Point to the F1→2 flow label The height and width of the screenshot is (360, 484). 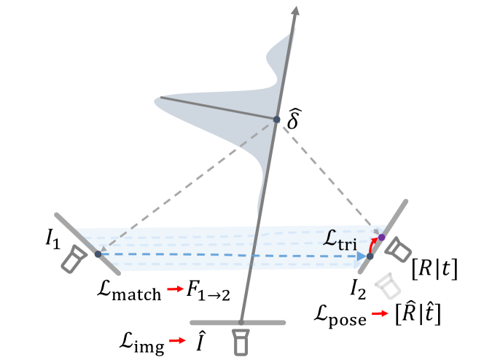[208, 291]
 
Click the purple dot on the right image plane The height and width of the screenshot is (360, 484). [381, 238]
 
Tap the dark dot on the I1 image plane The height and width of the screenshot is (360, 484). [98, 254]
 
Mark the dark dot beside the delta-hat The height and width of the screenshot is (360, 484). [276, 120]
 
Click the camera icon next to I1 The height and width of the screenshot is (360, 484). [75, 259]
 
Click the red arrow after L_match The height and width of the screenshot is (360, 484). [176, 291]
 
